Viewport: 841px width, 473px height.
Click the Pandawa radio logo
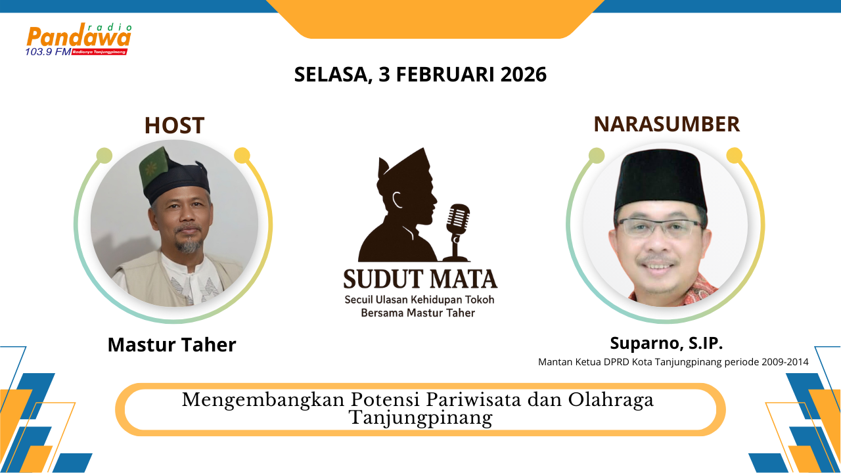pos(78,39)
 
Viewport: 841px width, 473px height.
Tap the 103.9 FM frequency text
pos(48,52)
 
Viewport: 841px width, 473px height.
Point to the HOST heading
pos(175,125)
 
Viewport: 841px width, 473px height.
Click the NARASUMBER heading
pos(666,124)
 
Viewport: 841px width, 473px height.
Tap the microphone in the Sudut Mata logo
pos(457,233)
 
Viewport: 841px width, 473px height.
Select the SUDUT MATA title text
pos(420,279)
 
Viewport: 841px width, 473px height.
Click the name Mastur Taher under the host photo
pos(172,345)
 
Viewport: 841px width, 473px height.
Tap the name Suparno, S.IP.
pos(666,343)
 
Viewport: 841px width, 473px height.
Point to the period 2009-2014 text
pos(784,362)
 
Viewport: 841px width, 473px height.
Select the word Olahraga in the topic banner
pos(610,400)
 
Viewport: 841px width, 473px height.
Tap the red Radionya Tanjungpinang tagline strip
pos(99,52)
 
